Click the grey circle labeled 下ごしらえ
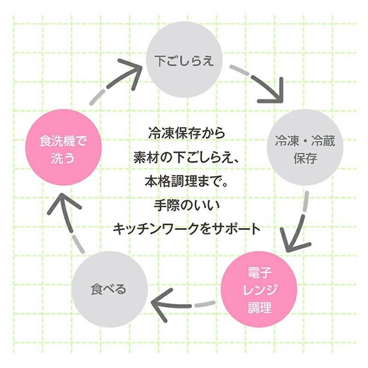click(x=184, y=59)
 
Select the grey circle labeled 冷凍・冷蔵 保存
click(x=305, y=147)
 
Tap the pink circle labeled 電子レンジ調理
click(x=259, y=289)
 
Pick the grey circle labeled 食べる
click(x=109, y=289)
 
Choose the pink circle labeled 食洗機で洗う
click(x=63, y=147)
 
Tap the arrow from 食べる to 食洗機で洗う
click(x=68, y=225)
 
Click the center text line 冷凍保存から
click(x=186, y=133)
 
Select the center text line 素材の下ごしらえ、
click(x=186, y=157)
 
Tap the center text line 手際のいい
click(x=187, y=205)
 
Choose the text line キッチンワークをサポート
click(x=187, y=229)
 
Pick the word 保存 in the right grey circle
click(x=305, y=158)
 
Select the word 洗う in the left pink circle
click(x=63, y=158)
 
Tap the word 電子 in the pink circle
click(x=260, y=273)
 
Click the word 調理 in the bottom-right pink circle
click(x=260, y=307)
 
